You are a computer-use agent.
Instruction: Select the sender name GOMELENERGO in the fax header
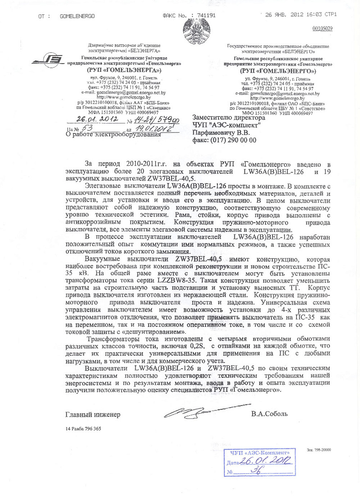(77, 15)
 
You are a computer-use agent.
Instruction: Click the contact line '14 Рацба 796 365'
(83, 428)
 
